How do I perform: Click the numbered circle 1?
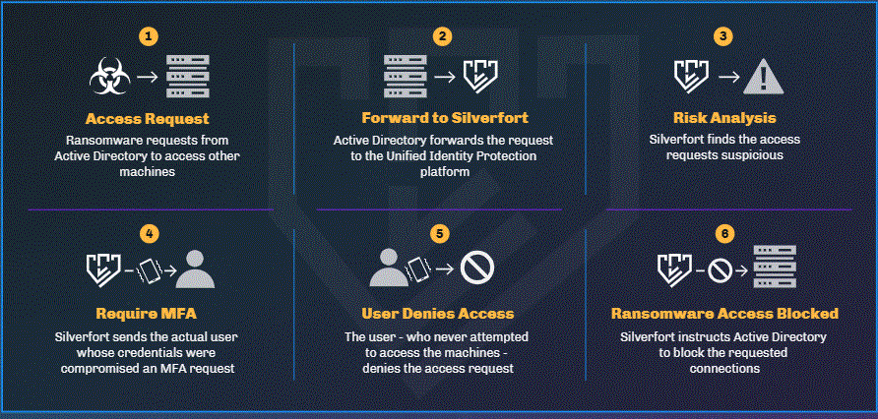coord(148,36)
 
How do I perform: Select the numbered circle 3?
coord(723,36)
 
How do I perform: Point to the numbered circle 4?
coord(148,234)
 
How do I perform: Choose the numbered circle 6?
coord(724,234)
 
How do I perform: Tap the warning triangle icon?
coord(759,75)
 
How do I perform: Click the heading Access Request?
coord(148,119)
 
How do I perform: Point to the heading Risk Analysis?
coord(724,119)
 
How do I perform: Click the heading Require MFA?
coord(148,314)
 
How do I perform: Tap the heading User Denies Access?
coord(439,314)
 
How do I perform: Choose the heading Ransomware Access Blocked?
coord(724,314)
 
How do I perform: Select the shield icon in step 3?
coord(688,75)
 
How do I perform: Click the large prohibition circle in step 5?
coord(477,269)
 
